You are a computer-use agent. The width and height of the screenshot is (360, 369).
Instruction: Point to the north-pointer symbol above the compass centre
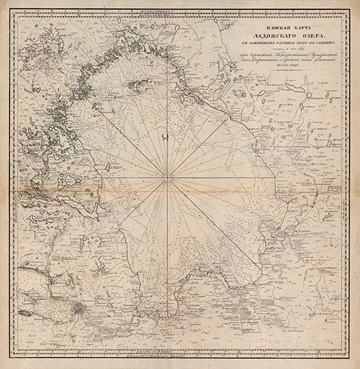(x=167, y=139)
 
